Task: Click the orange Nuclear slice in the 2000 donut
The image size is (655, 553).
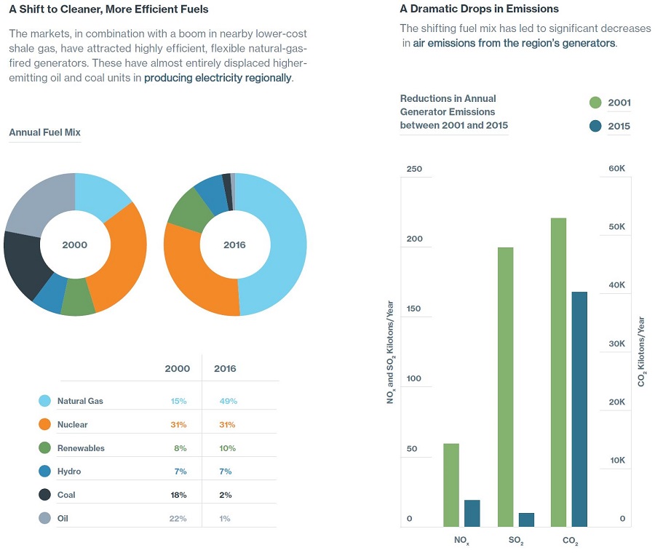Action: pos(124,255)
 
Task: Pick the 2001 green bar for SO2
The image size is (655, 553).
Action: pos(505,386)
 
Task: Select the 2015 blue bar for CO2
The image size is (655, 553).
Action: pos(579,407)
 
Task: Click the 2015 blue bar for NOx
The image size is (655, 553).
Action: pos(472,513)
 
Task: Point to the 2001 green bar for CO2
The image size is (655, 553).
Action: pos(558,371)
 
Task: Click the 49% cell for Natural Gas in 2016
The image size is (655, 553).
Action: pos(229,401)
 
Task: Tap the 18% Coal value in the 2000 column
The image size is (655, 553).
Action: pos(178,495)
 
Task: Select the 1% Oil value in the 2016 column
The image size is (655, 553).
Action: pos(225,519)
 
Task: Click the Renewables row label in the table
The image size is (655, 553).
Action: pos(81,448)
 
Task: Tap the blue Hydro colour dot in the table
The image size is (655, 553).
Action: pos(44,472)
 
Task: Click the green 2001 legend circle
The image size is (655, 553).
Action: pos(595,103)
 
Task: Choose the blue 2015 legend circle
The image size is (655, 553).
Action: pos(595,126)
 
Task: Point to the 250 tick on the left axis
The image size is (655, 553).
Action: pos(414,169)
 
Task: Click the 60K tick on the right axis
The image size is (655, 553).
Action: pos(616,169)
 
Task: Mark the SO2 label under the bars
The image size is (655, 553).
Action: pos(516,541)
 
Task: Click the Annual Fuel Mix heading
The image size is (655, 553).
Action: pos(44,132)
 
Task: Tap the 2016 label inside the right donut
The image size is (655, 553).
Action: pos(234,244)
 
